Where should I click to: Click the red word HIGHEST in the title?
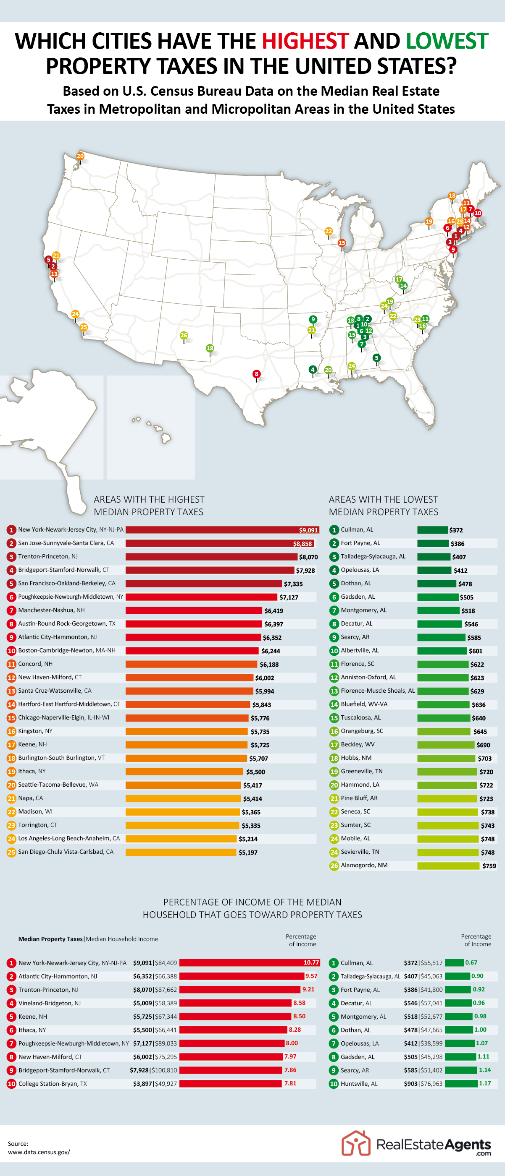click(305, 41)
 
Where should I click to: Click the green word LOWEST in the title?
click(447, 41)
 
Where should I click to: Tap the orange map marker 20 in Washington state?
click(80, 156)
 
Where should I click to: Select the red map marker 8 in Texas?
click(256, 374)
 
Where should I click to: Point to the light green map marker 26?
click(184, 336)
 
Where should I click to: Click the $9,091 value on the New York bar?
click(308, 530)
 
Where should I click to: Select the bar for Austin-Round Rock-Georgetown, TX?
click(193, 623)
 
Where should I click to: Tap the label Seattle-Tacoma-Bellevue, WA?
click(58, 784)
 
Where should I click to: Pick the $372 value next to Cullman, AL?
click(456, 530)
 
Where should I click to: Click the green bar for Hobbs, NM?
click(446, 758)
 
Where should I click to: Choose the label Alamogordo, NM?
click(364, 865)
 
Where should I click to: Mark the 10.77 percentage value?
click(311, 962)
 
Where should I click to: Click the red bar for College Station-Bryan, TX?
click(230, 1083)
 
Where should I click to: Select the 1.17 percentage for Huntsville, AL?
click(484, 1083)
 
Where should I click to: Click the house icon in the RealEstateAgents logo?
click(355, 1143)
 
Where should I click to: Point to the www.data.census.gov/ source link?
click(39, 1152)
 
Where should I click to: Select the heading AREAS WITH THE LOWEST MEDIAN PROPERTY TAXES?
click(383, 506)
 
